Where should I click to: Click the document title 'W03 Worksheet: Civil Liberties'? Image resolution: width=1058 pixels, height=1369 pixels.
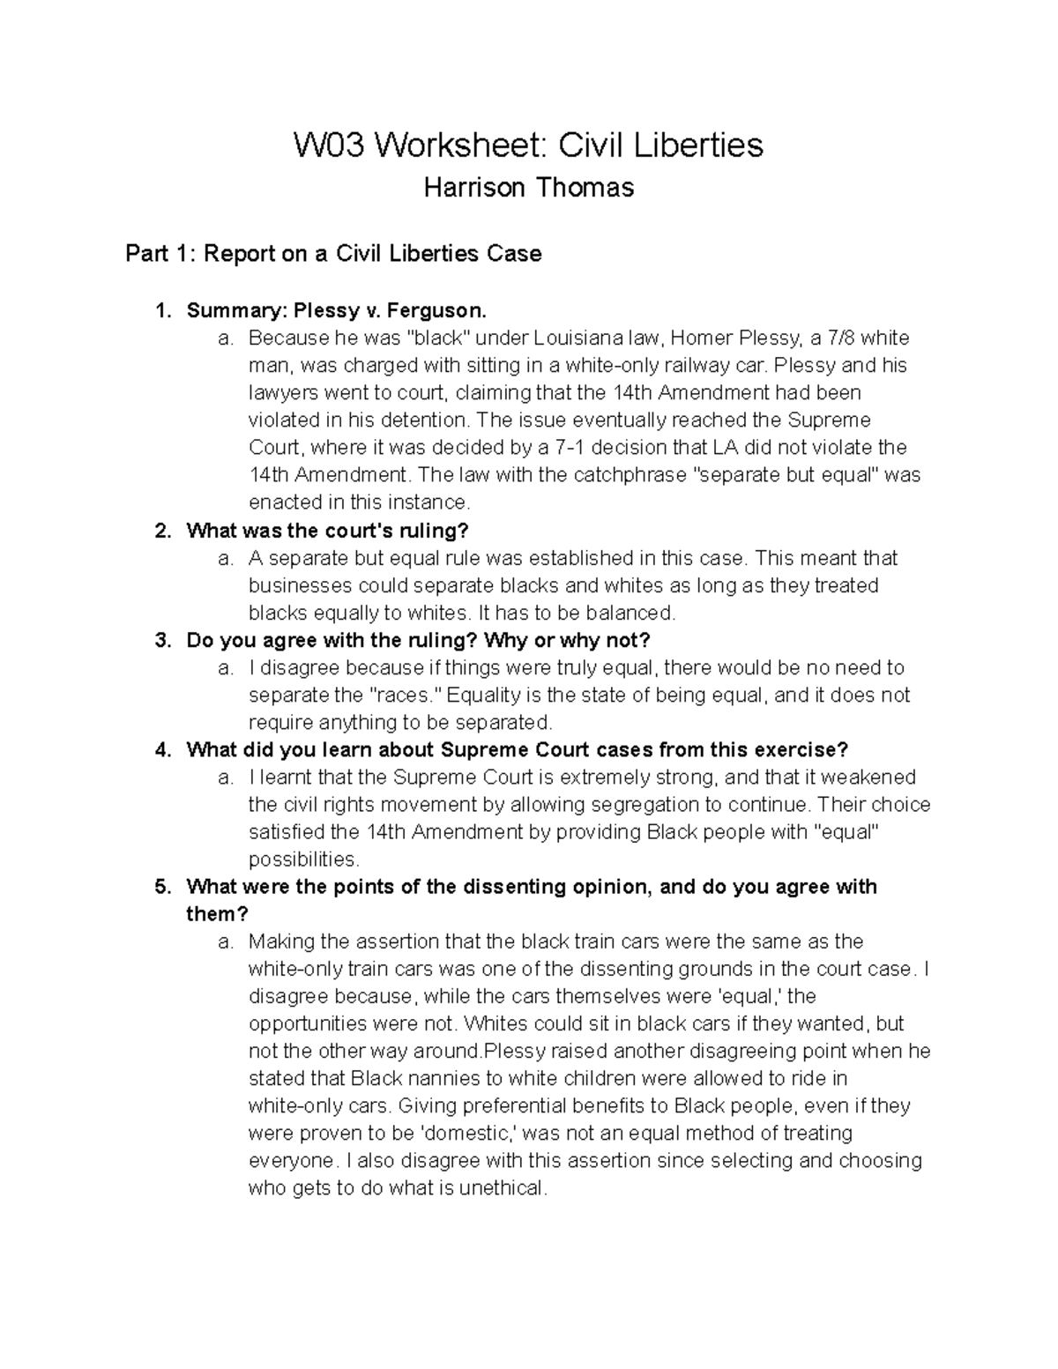point(528,145)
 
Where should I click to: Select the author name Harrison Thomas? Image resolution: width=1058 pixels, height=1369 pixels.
point(528,188)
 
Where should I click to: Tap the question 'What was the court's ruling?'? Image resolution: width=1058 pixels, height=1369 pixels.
point(327,531)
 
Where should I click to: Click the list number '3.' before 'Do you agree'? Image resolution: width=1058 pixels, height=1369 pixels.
point(161,640)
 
